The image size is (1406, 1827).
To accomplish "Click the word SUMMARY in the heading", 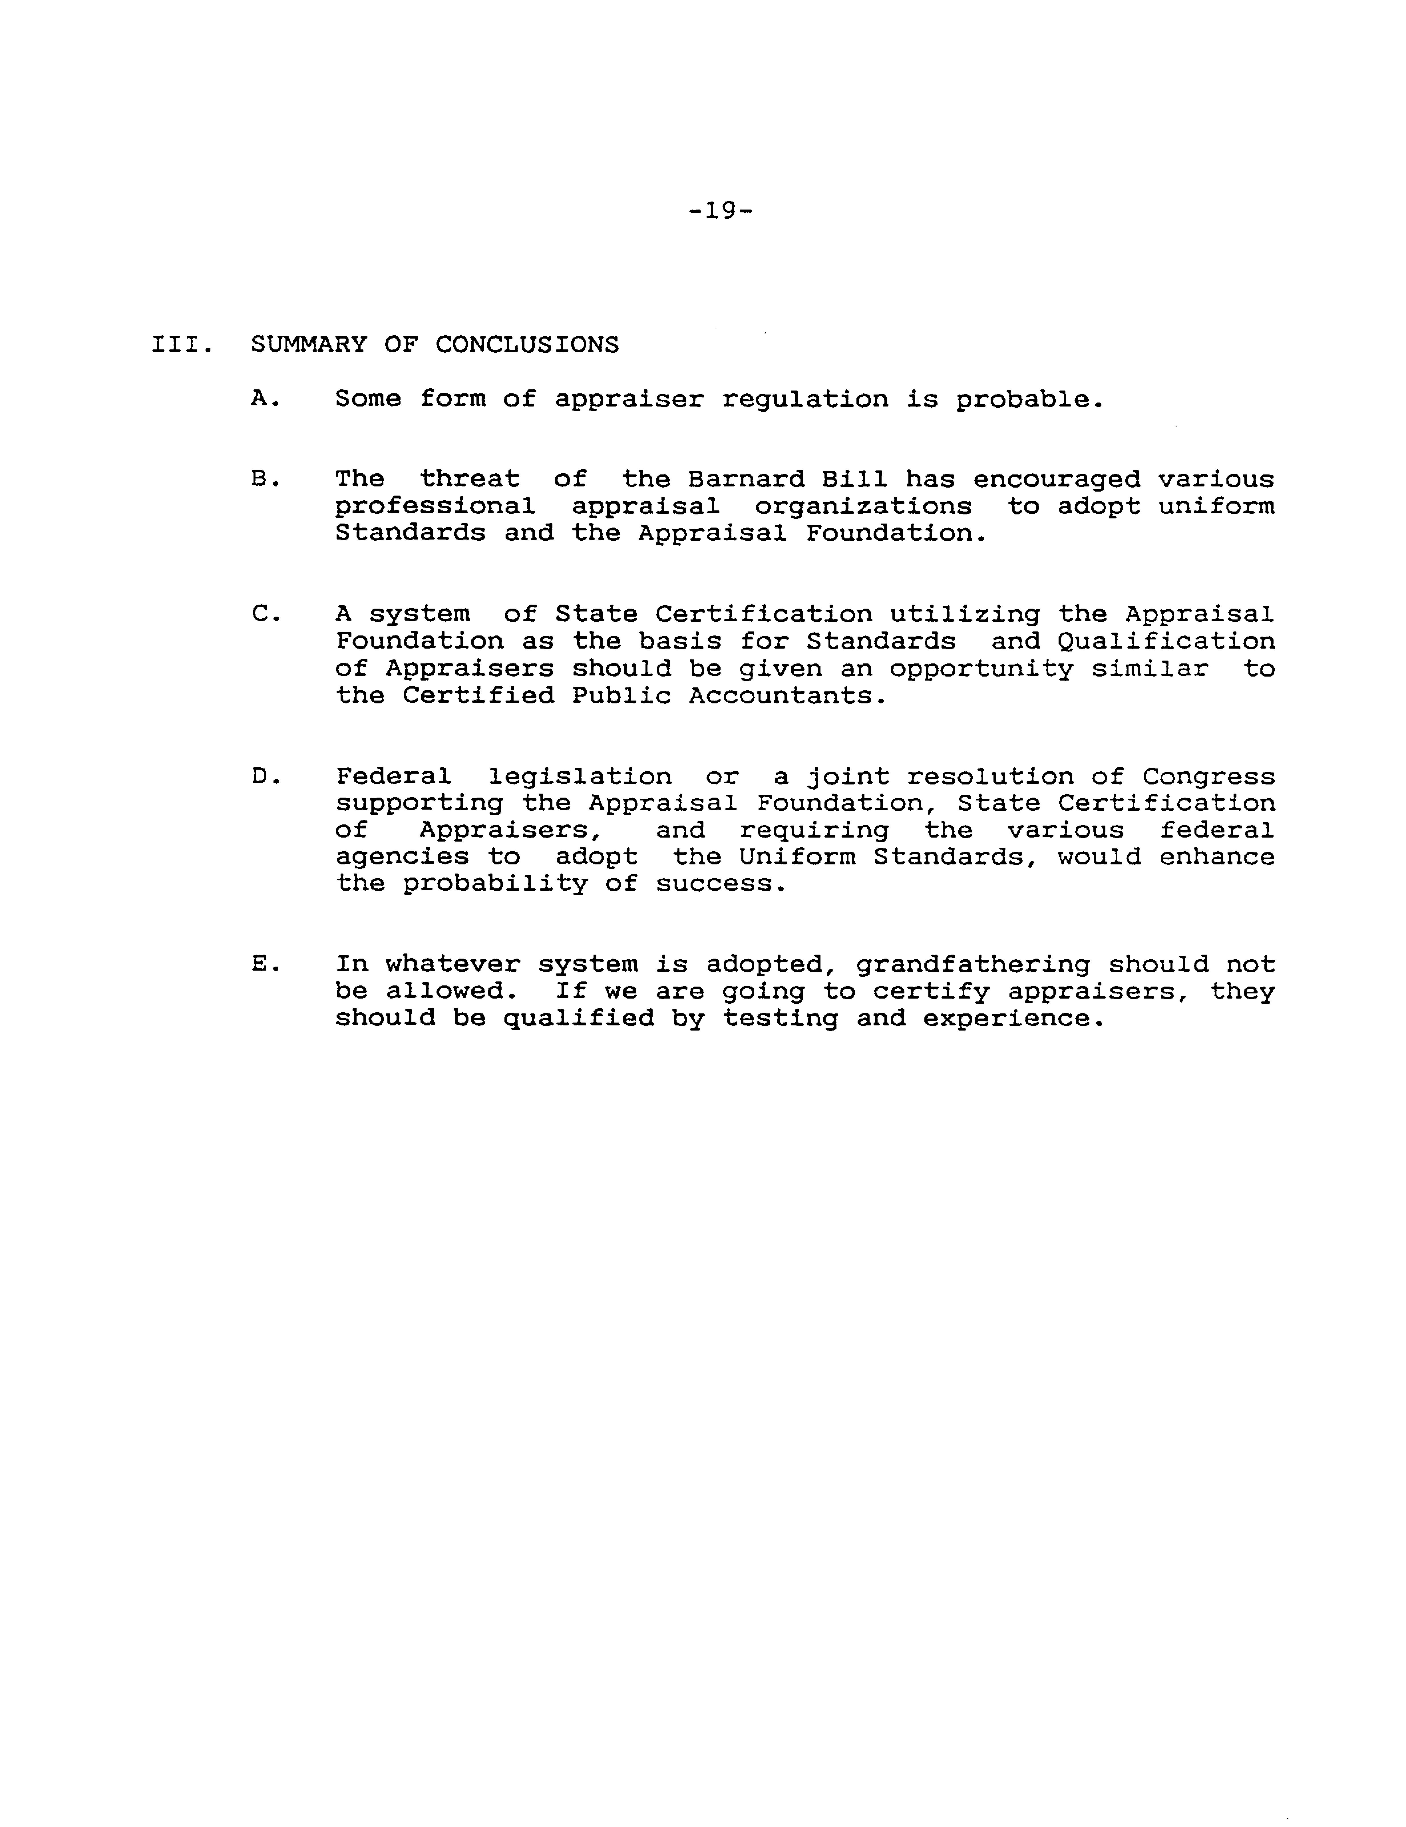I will (309, 345).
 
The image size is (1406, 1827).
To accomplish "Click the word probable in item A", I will (1029, 400).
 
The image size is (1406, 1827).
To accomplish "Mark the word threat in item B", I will (469, 479).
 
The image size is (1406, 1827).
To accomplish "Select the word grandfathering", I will (973, 965).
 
